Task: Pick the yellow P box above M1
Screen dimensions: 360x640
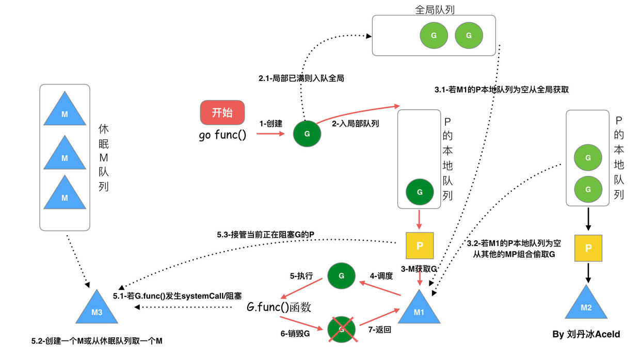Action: (420, 246)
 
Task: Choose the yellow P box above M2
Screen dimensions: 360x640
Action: (588, 248)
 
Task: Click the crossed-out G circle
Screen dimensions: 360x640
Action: (341, 328)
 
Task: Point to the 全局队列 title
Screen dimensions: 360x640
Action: (434, 10)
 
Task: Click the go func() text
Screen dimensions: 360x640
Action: (222, 136)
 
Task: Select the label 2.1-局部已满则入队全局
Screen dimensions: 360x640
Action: (301, 79)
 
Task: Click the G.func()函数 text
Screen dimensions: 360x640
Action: (279, 307)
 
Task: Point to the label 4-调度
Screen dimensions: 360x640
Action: (381, 275)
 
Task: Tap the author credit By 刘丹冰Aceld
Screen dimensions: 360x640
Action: (586, 334)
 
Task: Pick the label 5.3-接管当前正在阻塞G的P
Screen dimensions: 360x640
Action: (265, 235)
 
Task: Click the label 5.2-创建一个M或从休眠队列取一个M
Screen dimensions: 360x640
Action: (97, 341)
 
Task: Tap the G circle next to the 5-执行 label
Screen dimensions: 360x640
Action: (341, 276)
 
